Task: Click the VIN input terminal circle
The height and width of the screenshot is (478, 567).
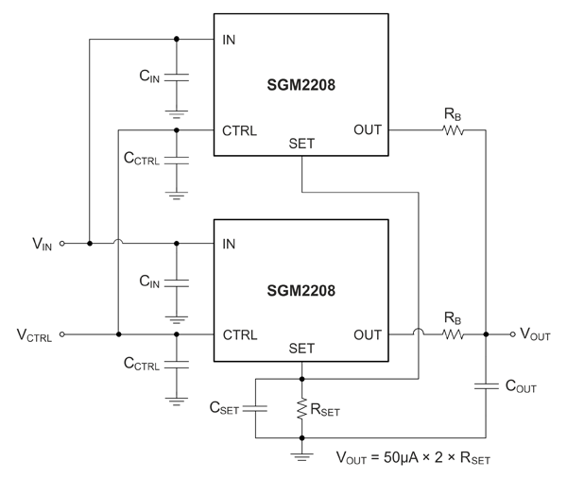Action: (x=63, y=243)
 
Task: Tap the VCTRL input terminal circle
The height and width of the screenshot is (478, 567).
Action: (x=63, y=333)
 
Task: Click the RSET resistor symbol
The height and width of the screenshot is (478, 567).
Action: (x=301, y=409)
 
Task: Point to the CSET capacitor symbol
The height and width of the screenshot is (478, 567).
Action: (x=255, y=408)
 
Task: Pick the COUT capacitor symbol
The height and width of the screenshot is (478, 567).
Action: (x=485, y=384)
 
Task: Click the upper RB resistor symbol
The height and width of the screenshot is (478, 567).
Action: (x=452, y=129)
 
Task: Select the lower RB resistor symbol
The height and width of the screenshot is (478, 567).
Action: (x=452, y=333)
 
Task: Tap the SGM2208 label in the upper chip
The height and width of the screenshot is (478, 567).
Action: (x=301, y=85)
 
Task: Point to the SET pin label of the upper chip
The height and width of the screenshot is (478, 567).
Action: (x=301, y=145)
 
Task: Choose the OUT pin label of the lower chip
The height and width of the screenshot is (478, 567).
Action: (x=368, y=334)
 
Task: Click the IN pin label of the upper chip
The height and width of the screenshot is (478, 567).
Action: (x=229, y=40)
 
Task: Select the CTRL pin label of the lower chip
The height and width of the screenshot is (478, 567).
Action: (x=240, y=334)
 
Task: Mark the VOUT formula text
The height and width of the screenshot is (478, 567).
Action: (x=413, y=458)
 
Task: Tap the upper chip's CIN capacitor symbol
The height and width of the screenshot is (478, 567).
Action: (x=177, y=75)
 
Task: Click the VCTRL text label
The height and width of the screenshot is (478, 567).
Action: (x=34, y=335)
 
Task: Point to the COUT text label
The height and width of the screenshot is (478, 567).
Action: (x=524, y=385)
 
